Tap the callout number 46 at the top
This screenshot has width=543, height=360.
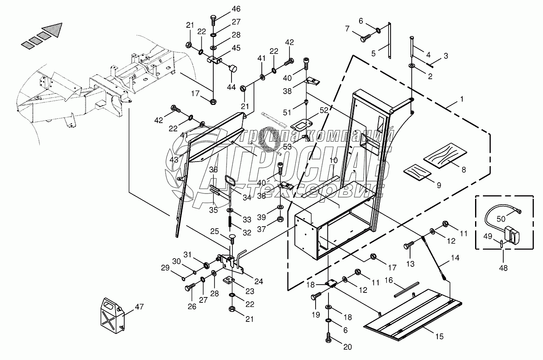coord(236,9)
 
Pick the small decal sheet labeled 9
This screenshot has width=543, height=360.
coord(418,172)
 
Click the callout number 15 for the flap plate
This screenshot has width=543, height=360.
coord(439,337)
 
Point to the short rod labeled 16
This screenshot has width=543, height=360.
coord(407,289)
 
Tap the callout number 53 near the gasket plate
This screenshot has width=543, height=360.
coord(287,147)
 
